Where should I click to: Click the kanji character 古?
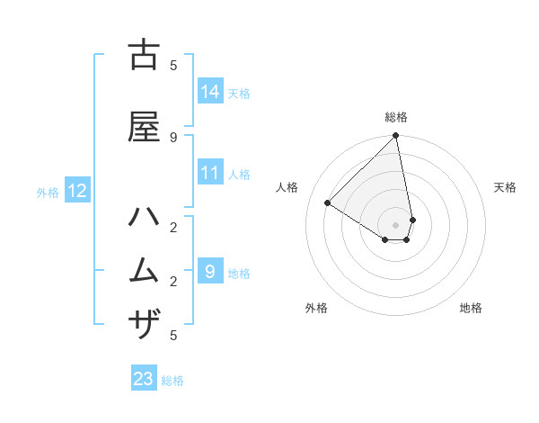point(144,56)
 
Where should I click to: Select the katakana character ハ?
point(144,219)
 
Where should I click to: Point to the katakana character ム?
point(144,270)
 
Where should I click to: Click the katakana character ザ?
point(144,323)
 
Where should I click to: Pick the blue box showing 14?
point(210,92)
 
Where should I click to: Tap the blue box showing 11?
point(210,174)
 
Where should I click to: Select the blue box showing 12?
point(77,191)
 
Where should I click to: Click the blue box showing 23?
point(144,379)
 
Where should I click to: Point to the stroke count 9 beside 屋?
point(173,137)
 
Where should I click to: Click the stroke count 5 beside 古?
point(173,65)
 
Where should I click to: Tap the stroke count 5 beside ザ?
point(173,336)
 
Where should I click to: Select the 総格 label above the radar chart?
point(396,117)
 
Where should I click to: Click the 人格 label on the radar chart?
point(287,187)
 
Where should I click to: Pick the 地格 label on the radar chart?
point(471,308)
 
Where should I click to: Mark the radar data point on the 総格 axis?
point(396,137)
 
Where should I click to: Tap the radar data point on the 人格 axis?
point(328,203)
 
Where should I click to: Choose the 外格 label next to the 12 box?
point(48,192)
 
